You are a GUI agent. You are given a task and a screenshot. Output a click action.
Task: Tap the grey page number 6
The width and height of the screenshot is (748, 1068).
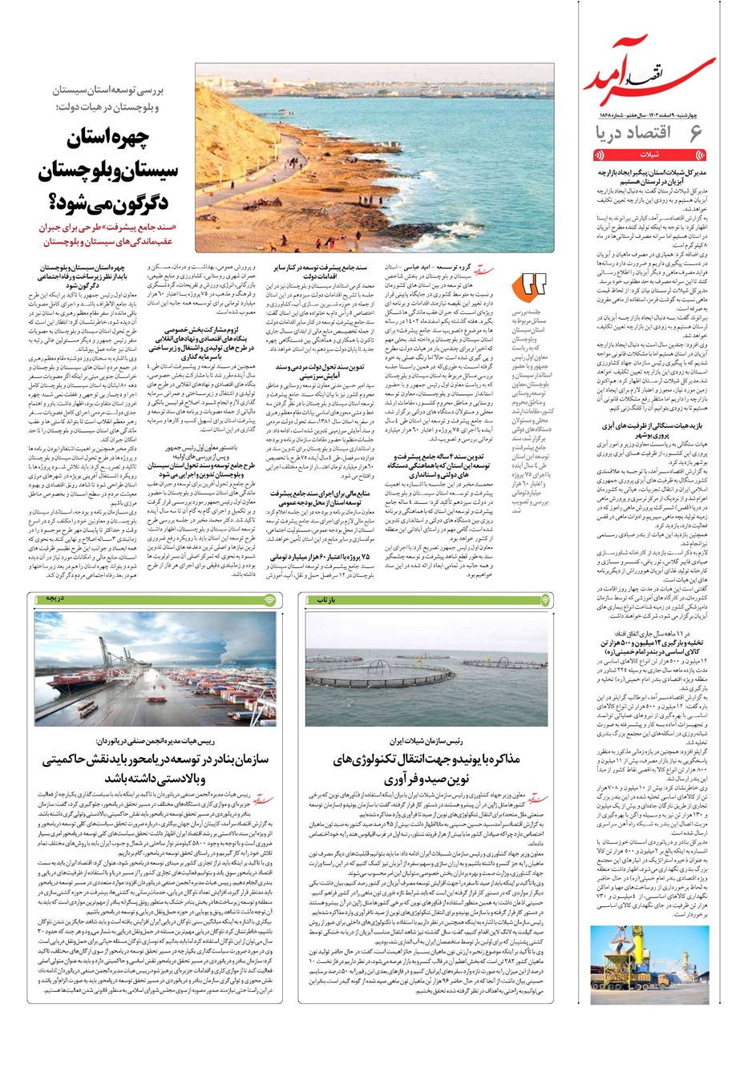[695, 133]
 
